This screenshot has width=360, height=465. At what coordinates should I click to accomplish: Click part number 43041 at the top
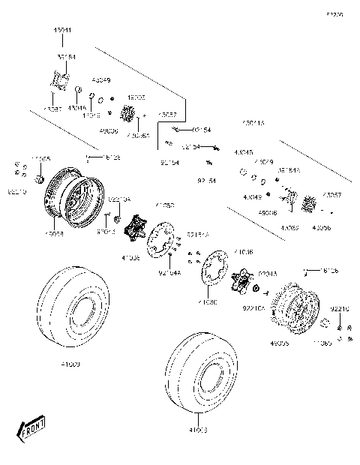pyautogui.click(x=61, y=30)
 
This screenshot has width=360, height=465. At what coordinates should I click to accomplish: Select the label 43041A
pyautogui.click(x=253, y=121)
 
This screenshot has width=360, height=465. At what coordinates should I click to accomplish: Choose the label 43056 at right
pyautogui.click(x=320, y=227)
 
